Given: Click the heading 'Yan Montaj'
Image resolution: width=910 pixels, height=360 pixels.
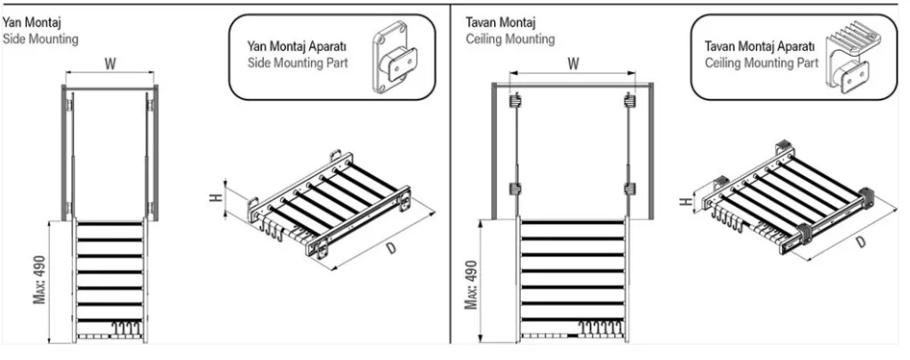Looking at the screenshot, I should [31, 20].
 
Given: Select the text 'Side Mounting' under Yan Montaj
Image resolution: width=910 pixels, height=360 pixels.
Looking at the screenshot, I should [41, 39].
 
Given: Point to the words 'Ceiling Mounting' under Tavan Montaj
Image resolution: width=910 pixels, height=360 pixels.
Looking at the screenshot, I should [510, 39].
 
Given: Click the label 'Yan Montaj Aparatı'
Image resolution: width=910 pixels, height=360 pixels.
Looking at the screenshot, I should [296, 46].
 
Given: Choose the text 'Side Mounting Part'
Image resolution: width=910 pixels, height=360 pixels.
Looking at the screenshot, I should [298, 64].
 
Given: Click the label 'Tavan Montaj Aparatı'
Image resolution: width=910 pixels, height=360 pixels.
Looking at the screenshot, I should [758, 46].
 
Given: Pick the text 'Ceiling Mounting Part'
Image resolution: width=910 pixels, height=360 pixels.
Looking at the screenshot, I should [762, 64].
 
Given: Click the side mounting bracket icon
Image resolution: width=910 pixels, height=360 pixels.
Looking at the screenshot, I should [392, 59].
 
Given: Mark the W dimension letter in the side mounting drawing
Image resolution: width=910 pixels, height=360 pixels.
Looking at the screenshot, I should [110, 63].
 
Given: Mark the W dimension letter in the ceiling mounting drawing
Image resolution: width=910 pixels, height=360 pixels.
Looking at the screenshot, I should [573, 63].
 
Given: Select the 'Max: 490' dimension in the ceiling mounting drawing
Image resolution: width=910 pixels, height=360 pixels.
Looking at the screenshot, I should [471, 284].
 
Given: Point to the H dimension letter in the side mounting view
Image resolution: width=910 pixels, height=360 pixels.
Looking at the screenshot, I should [215, 195].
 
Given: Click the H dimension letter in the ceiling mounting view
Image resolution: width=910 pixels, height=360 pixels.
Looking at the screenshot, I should [684, 201].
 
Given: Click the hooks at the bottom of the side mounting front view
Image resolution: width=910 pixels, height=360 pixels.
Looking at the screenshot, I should [124, 332].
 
